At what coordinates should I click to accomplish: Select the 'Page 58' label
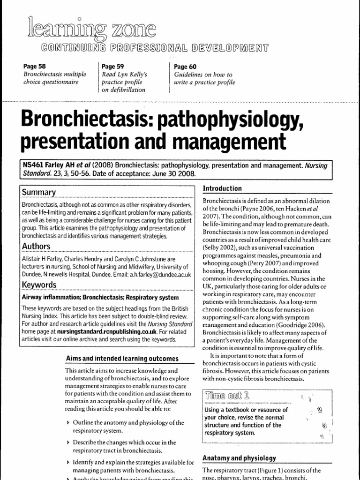point(33,67)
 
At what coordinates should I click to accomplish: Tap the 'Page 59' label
point(112,67)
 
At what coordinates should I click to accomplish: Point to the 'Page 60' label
point(185,67)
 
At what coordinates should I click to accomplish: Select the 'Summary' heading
point(39,193)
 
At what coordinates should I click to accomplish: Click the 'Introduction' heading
point(222,188)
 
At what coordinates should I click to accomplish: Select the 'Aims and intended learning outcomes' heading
point(121,359)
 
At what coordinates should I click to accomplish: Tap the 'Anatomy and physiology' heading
point(239,458)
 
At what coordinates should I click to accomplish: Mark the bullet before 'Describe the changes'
point(69,442)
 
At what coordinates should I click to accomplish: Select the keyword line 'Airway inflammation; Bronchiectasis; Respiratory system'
point(100,297)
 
